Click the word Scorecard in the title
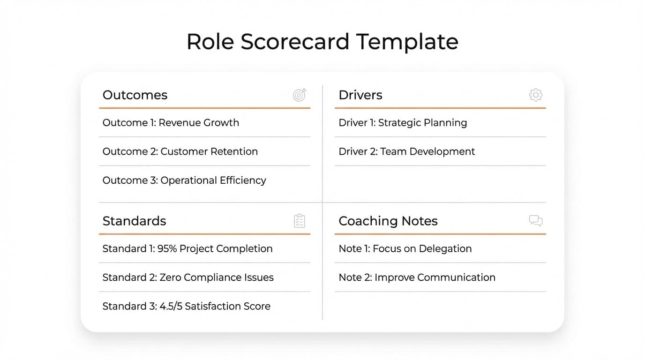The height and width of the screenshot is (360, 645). click(x=295, y=42)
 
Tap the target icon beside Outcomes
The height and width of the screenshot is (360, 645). click(x=300, y=95)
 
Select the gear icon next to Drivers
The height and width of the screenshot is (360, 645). click(x=536, y=95)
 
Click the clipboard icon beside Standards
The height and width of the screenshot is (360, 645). click(x=300, y=221)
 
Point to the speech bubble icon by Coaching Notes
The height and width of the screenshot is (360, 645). click(x=536, y=221)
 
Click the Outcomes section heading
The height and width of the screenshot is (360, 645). click(x=135, y=95)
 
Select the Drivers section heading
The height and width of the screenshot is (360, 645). click(x=360, y=95)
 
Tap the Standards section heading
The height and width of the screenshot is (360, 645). click(x=134, y=221)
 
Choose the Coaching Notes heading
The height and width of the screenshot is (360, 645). click(x=388, y=221)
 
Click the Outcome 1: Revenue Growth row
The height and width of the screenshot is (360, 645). click(x=171, y=123)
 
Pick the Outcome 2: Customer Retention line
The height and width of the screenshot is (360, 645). click(x=180, y=151)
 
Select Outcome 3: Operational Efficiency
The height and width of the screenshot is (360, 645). click(x=184, y=180)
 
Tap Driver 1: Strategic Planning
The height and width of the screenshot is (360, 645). click(x=403, y=123)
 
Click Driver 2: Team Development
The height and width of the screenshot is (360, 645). click(x=406, y=151)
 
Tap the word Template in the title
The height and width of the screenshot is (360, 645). click(x=407, y=42)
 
